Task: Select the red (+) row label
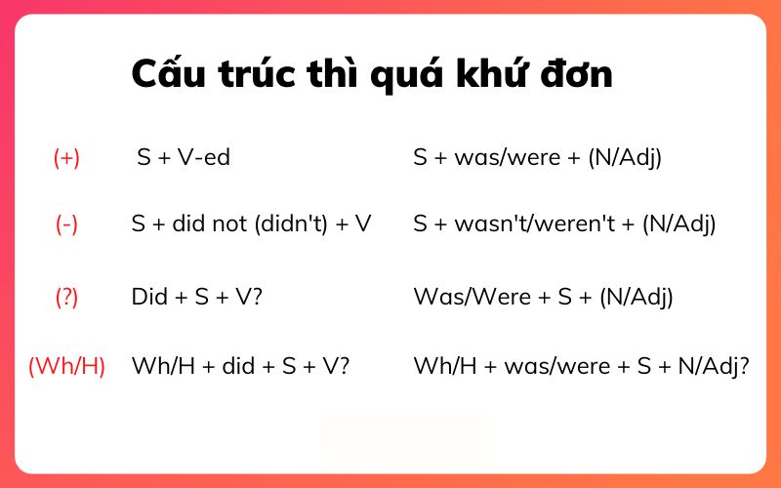tap(66, 158)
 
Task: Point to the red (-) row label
tap(66, 224)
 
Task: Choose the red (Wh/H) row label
tap(66, 367)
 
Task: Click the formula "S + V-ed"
tap(184, 157)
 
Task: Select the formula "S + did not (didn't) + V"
tap(251, 224)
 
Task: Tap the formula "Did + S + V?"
tap(196, 298)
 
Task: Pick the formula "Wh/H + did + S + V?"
tap(240, 367)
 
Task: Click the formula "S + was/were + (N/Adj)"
tap(537, 157)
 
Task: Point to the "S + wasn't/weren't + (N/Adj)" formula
tap(564, 224)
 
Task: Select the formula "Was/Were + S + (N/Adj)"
tap(543, 298)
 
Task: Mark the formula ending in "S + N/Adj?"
tap(581, 367)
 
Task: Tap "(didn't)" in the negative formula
tap(287, 224)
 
